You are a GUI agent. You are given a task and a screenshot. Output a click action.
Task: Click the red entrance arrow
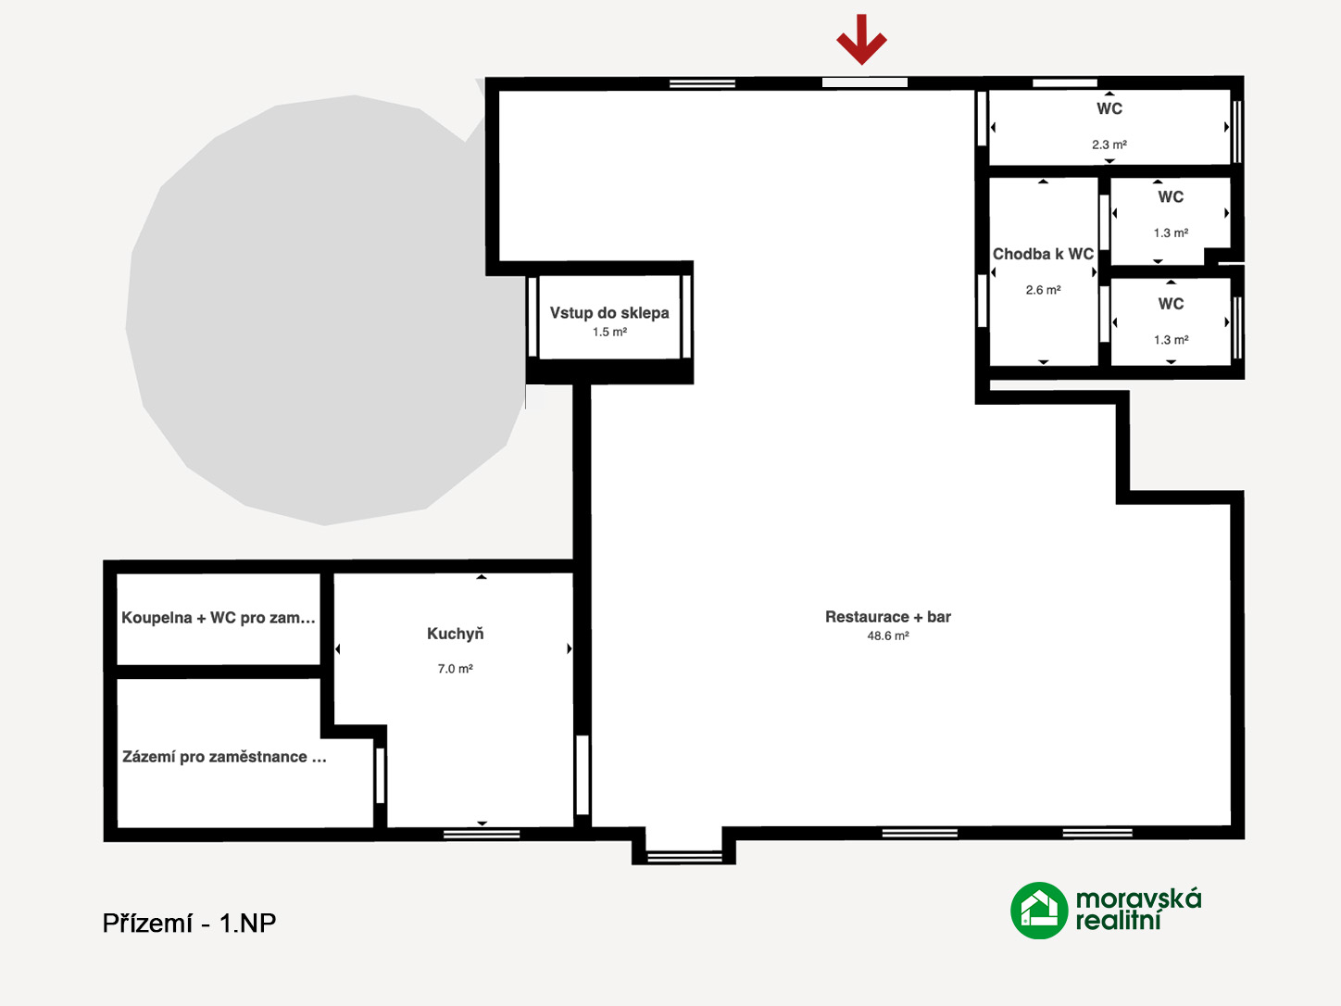pyautogui.click(x=861, y=40)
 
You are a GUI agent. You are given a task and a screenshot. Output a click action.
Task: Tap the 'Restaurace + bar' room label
pyautogui.click(x=888, y=617)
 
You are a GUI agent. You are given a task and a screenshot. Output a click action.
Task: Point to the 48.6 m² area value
pyautogui.click(x=888, y=635)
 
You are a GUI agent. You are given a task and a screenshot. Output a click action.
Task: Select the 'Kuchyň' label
pyautogui.click(x=455, y=634)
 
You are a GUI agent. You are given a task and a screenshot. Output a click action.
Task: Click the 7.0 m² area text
pyautogui.click(x=455, y=669)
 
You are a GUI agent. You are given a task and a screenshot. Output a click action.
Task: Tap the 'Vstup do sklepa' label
pyautogui.click(x=609, y=313)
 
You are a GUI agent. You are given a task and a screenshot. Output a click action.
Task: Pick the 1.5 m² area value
pyautogui.click(x=609, y=333)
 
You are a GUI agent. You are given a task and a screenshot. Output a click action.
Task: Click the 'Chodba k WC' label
pyautogui.click(x=1043, y=254)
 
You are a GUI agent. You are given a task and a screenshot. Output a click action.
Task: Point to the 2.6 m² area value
pyautogui.click(x=1043, y=290)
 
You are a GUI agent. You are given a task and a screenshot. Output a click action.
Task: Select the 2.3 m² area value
pyautogui.click(x=1109, y=145)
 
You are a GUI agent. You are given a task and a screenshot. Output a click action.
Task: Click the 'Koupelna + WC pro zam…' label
pyautogui.click(x=219, y=618)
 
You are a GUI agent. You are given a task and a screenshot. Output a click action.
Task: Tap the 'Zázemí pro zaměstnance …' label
pyautogui.click(x=224, y=757)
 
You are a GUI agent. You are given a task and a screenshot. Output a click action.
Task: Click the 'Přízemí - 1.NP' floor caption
pyautogui.click(x=189, y=923)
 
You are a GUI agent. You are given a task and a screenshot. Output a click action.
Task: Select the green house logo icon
pyautogui.click(x=1038, y=910)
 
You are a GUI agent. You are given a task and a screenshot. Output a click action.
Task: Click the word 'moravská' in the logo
pyautogui.click(x=1138, y=899)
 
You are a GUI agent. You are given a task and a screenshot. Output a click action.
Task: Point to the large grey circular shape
pyautogui.click(x=324, y=309)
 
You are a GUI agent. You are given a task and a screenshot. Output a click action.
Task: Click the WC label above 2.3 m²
pyautogui.click(x=1109, y=108)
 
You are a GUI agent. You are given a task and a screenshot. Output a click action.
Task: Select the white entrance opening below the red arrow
pyautogui.click(x=864, y=82)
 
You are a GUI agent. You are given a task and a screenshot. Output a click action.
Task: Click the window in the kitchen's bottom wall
pyautogui.click(x=482, y=834)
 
